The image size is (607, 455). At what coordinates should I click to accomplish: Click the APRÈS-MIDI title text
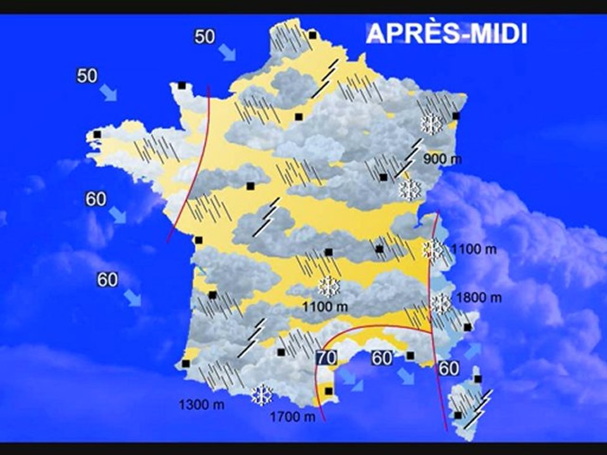446,33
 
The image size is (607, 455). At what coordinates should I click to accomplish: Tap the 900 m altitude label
443,159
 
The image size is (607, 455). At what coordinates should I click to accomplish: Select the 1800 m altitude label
478,298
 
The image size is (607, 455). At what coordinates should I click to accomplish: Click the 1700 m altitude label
292,416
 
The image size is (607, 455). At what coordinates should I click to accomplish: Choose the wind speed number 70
326,358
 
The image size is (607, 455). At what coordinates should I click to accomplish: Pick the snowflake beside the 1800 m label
440,304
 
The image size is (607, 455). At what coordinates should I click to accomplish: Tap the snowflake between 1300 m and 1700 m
261,395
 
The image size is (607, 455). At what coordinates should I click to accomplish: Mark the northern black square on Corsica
478,379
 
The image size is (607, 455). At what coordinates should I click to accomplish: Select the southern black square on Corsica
457,415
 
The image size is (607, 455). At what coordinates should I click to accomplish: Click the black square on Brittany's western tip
97,134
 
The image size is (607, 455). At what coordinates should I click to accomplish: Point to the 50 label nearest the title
205,37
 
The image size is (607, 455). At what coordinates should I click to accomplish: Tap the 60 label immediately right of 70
382,358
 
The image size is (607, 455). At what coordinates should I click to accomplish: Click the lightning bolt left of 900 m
408,158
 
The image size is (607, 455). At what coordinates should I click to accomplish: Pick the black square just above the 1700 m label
328,391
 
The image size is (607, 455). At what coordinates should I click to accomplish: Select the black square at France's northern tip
312,35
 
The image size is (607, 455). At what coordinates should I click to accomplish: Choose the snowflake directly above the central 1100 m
329,287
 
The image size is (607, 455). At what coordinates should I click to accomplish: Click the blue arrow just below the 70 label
348,378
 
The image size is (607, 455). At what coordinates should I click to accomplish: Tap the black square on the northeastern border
456,116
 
